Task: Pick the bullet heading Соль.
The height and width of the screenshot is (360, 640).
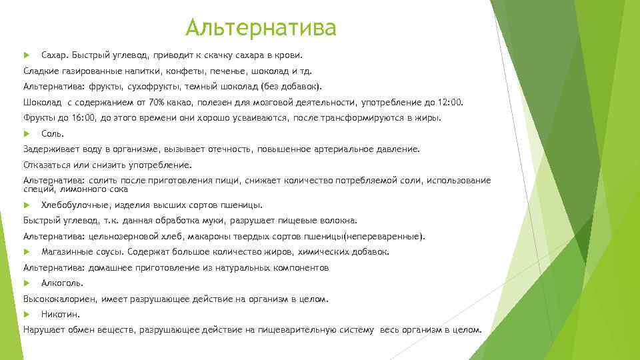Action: coord(52,133)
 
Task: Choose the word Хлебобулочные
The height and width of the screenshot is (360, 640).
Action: coord(75,205)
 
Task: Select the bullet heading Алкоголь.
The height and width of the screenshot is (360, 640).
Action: coord(57,283)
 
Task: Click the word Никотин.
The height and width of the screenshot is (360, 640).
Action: coord(60,314)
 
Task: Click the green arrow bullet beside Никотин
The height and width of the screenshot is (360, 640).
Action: coord(27,314)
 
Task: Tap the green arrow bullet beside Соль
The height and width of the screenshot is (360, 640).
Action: coord(27,133)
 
